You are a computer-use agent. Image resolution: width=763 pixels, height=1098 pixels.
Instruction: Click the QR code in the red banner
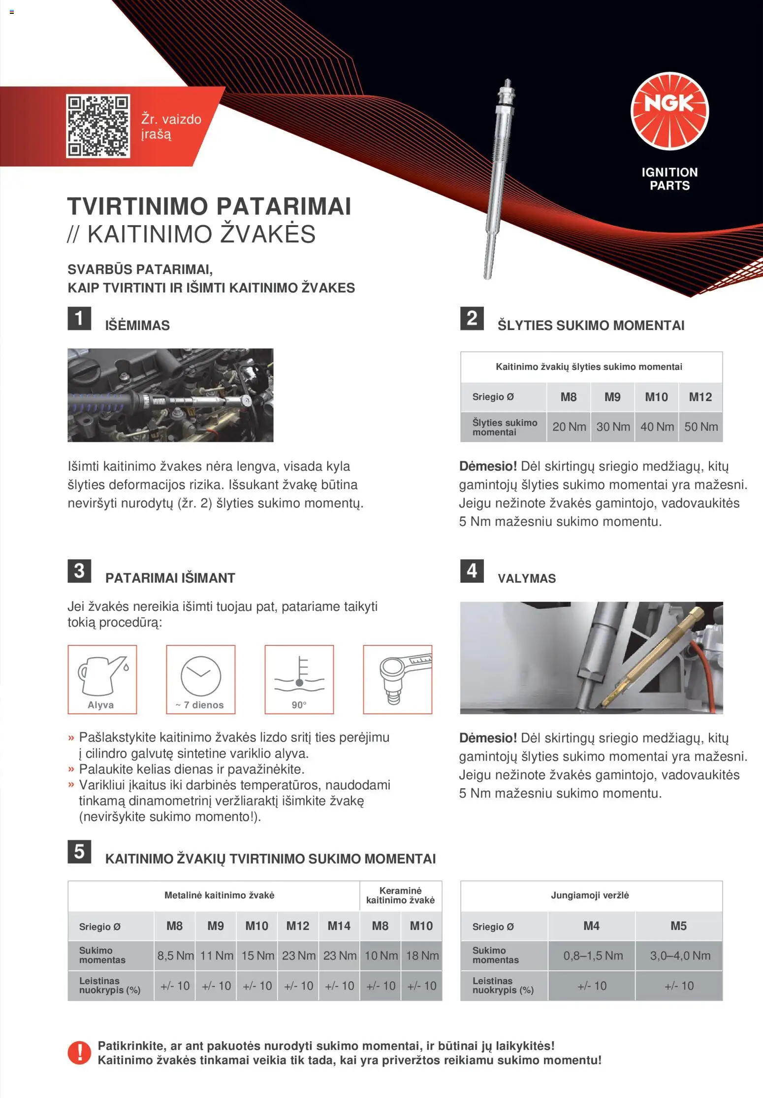[98, 126]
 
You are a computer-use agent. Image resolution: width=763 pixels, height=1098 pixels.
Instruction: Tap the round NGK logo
[669, 111]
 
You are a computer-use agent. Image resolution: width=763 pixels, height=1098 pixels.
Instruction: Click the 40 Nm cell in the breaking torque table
[657, 427]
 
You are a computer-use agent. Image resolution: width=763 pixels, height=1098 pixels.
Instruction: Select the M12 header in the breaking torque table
[700, 397]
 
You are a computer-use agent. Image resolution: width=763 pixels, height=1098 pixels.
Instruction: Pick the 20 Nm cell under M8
[569, 427]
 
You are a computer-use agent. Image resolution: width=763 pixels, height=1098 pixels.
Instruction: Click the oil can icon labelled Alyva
[102, 679]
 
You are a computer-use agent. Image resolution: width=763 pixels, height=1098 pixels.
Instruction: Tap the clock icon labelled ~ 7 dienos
[201, 679]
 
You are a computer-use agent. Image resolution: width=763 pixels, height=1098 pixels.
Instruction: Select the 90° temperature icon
[299, 679]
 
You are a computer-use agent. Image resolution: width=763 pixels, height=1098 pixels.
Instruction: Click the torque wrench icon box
[398, 679]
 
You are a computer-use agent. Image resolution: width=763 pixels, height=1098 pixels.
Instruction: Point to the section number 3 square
[79, 571]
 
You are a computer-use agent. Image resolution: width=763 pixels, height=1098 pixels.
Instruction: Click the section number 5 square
[79, 852]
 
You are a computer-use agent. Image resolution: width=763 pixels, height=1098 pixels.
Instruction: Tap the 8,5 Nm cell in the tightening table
[175, 956]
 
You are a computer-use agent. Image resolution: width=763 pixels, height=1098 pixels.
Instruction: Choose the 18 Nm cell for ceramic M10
[422, 956]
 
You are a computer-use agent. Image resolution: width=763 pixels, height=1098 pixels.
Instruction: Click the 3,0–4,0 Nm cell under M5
[680, 956]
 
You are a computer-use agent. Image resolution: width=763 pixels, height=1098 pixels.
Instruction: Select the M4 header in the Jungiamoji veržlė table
[591, 926]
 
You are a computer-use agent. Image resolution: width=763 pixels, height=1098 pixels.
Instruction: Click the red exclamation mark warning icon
[79, 1053]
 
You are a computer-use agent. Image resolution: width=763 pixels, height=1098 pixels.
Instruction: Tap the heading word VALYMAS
[526, 578]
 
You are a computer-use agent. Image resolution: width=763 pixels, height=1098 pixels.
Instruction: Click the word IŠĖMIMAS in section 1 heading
[137, 326]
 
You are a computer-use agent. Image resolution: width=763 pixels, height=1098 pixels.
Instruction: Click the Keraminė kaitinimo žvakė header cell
[400, 896]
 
